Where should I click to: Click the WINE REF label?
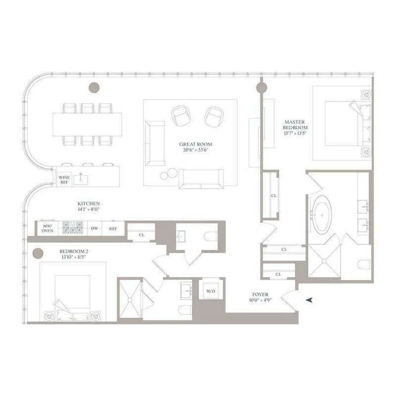click(64, 179)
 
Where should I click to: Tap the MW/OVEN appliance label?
click(48, 228)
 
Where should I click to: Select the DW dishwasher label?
click(94, 228)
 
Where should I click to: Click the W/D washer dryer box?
click(208, 290)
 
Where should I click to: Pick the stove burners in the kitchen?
click(73, 228)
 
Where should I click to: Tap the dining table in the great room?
click(87, 124)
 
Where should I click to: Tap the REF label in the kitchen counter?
click(113, 228)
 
